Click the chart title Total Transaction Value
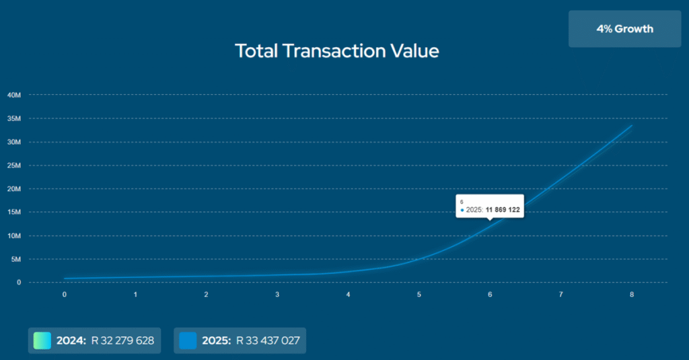pyautogui.click(x=336, y=50)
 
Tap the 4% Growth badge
pyautogui.click(x=624, y=29)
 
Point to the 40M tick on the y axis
pyautogui.click(x=15, y=95)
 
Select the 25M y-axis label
pyautogui.click(x=15, y=166)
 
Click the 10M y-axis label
pyautogui.click(x=15, y=236)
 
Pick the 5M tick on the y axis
pyautogui.click(x=17, y=259)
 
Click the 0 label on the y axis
pyautogui.click(x=20, y=283)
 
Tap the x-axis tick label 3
pyautogui.click(x=277, y=295)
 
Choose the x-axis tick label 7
pyautogui.click(x=560, y=295)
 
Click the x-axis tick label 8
pyautogui.click(x=632, y=295)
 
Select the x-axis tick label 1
pyautogui.click(x=135, y=295)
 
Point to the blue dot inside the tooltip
pyautogui.click(x=462, y=210)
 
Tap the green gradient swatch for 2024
pyautogui.click(x=42, y=340)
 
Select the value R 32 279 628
pyautogui.click(x=122, y=340)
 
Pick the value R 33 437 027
pyautogui.click(x=268, y=340)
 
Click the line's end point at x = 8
pyautogui.click(x=632, y=126)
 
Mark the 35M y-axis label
pyautogui.click(x=15, y=118)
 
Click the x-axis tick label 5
pyautogui.click(x=419, y=295)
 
